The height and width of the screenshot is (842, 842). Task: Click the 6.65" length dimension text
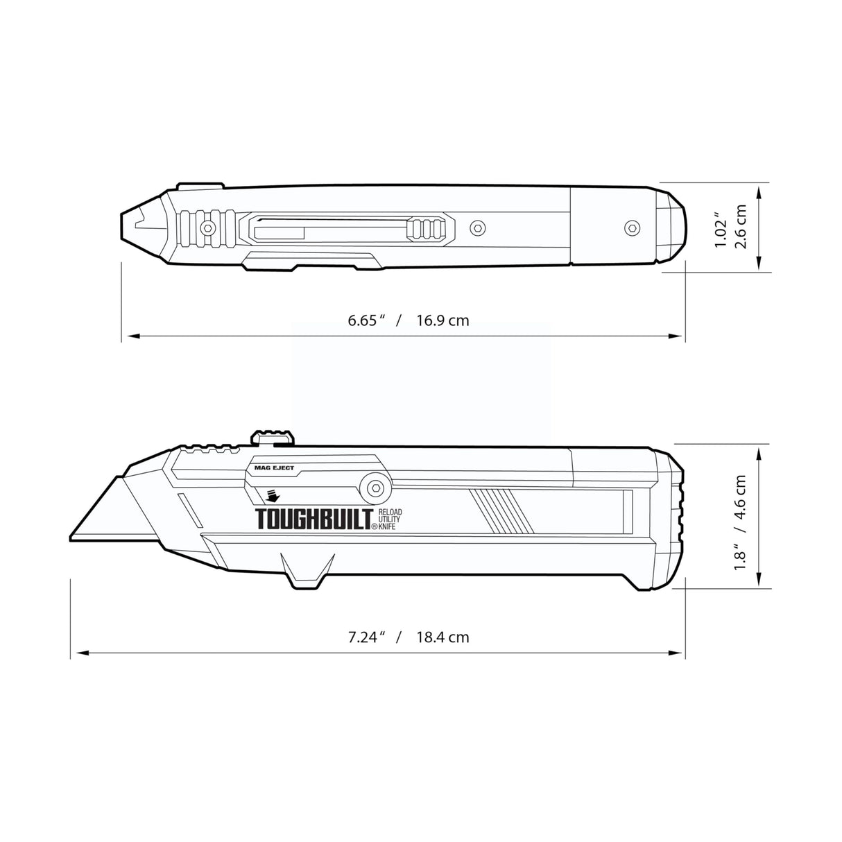[366, 320]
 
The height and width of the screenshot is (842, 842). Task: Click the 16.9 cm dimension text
[443, 320]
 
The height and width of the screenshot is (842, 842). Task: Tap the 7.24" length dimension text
[366, 637]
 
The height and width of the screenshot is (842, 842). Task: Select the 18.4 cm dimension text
[443, 637]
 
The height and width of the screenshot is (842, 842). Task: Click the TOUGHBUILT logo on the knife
[312, 519]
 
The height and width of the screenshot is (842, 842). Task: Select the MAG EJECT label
[270, 468]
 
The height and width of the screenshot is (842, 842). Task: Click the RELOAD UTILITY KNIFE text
[390, 519]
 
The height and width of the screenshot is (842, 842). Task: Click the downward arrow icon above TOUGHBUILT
[271, 497]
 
